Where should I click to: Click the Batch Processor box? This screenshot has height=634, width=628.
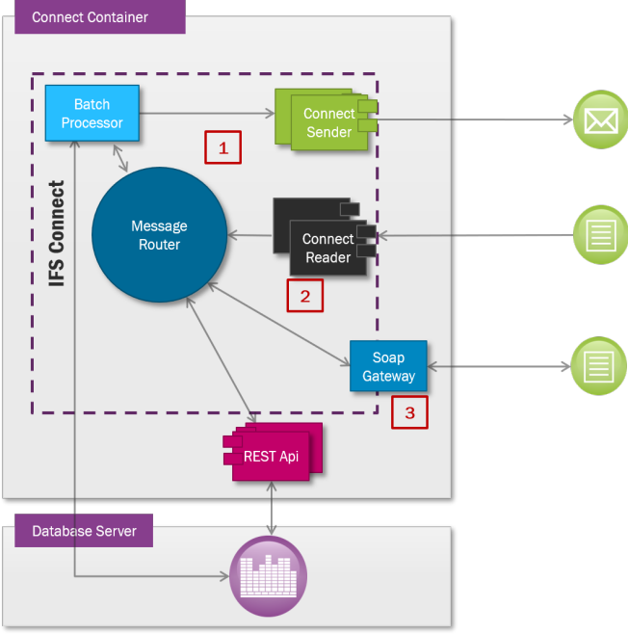pos(92,114)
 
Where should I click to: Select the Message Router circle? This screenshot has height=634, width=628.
pos(159,234)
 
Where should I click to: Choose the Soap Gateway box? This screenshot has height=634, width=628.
pos(388,366)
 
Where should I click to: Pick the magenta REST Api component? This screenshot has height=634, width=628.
pos(274,455)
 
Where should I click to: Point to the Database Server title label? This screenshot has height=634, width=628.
pos(84,531)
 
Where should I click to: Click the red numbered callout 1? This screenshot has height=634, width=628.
pos(223,147)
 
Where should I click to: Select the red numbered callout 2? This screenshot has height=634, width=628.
pos(304,296)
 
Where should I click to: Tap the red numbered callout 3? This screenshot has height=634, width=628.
pos(409,412)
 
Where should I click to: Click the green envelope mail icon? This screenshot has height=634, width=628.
pos(600,120)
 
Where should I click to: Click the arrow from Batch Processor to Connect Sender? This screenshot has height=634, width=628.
pos(207,114)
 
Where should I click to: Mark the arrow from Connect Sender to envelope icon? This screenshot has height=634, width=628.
pos(472,119)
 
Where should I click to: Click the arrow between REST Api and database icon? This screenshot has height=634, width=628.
pos(273,507)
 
